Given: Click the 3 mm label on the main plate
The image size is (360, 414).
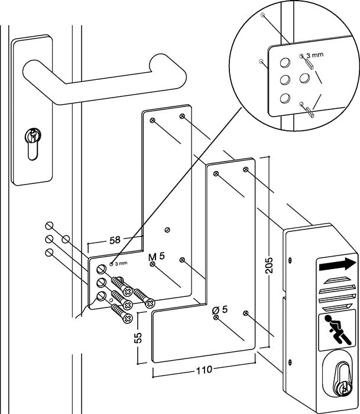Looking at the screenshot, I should tap(120, 263).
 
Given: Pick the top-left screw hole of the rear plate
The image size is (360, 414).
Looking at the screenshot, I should tap(153, 121).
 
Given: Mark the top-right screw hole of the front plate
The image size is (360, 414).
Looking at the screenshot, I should tap(245, 170).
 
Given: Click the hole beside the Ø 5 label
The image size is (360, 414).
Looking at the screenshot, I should tap(216, 318).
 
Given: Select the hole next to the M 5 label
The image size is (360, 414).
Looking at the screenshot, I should tap(153, 264).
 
